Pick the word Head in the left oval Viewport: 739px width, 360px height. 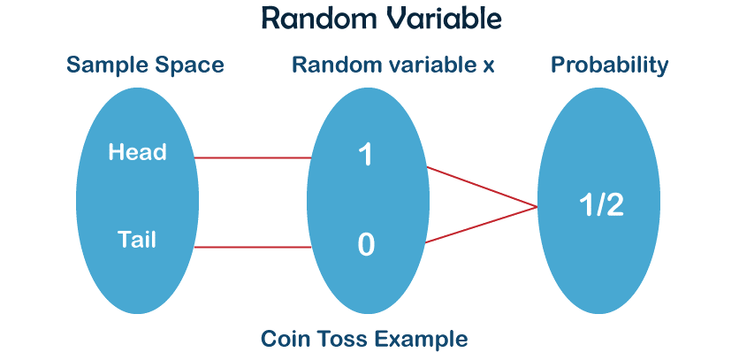(x=137, y=152)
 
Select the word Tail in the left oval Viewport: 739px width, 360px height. (x=136, y=238)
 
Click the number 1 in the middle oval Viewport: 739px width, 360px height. (x=365, y=156)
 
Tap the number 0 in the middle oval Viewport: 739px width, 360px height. (x=365, y=244)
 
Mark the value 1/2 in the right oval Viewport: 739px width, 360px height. (x=600, y=205)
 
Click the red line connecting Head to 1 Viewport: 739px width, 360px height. (x=252, y=158)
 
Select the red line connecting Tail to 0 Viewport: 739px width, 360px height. (x=252, y=248)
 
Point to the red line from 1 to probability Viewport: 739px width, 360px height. (x=482, y=187)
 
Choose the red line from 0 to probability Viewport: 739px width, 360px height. (x=482, y=226)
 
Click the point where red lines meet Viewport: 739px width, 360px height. (x=538, y=207)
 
